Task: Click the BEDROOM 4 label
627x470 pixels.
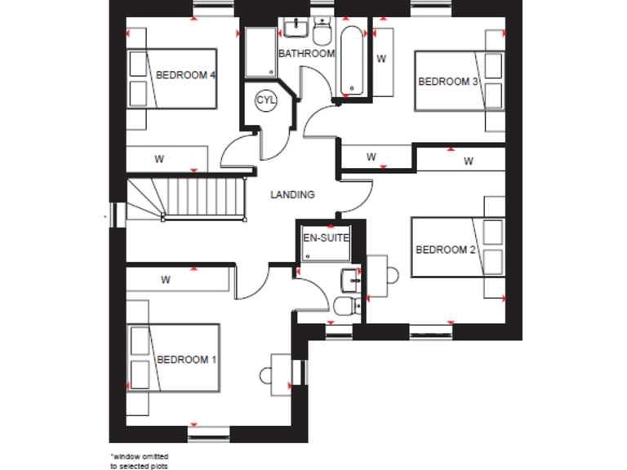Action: tap(185, 75)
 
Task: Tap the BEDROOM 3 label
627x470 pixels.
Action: tap(447, 81)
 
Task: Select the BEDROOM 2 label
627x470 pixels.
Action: tap(445, 250)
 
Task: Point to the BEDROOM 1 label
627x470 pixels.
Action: tap(186, 359)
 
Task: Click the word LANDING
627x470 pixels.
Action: tap(292, 195)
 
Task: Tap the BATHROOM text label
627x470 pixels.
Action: tap(306, 54)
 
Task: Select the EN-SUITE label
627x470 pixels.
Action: tap(326, 238)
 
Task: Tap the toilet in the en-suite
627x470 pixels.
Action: tap(345, 306)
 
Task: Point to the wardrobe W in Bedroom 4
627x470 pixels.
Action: tap(160, 158)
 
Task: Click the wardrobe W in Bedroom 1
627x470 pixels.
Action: tap(165, 280)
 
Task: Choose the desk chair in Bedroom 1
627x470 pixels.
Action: tap(266, 376)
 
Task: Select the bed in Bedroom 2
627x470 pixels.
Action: tap(454, 248)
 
